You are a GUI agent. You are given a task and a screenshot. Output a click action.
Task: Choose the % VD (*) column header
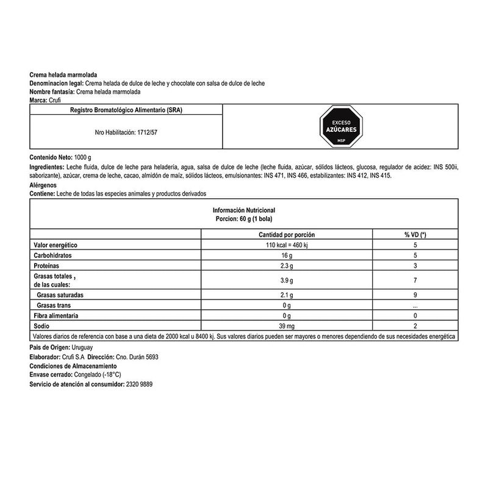[x=415, y=234]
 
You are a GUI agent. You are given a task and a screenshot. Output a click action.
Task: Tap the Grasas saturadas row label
[x=61, y=295]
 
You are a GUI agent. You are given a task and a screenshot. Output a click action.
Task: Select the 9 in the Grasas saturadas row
[x=415, y=295]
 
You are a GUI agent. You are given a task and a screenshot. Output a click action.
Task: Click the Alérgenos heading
[x=43, y=184]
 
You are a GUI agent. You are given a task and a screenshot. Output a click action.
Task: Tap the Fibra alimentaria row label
[x=58, y=316]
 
